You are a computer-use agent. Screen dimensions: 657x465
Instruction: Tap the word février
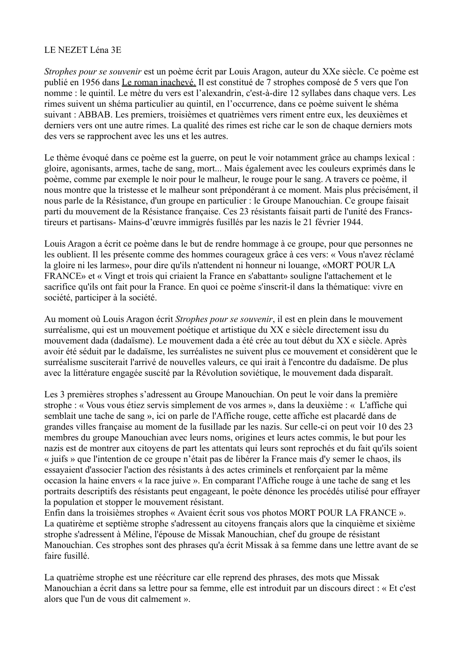pos(325,222)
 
